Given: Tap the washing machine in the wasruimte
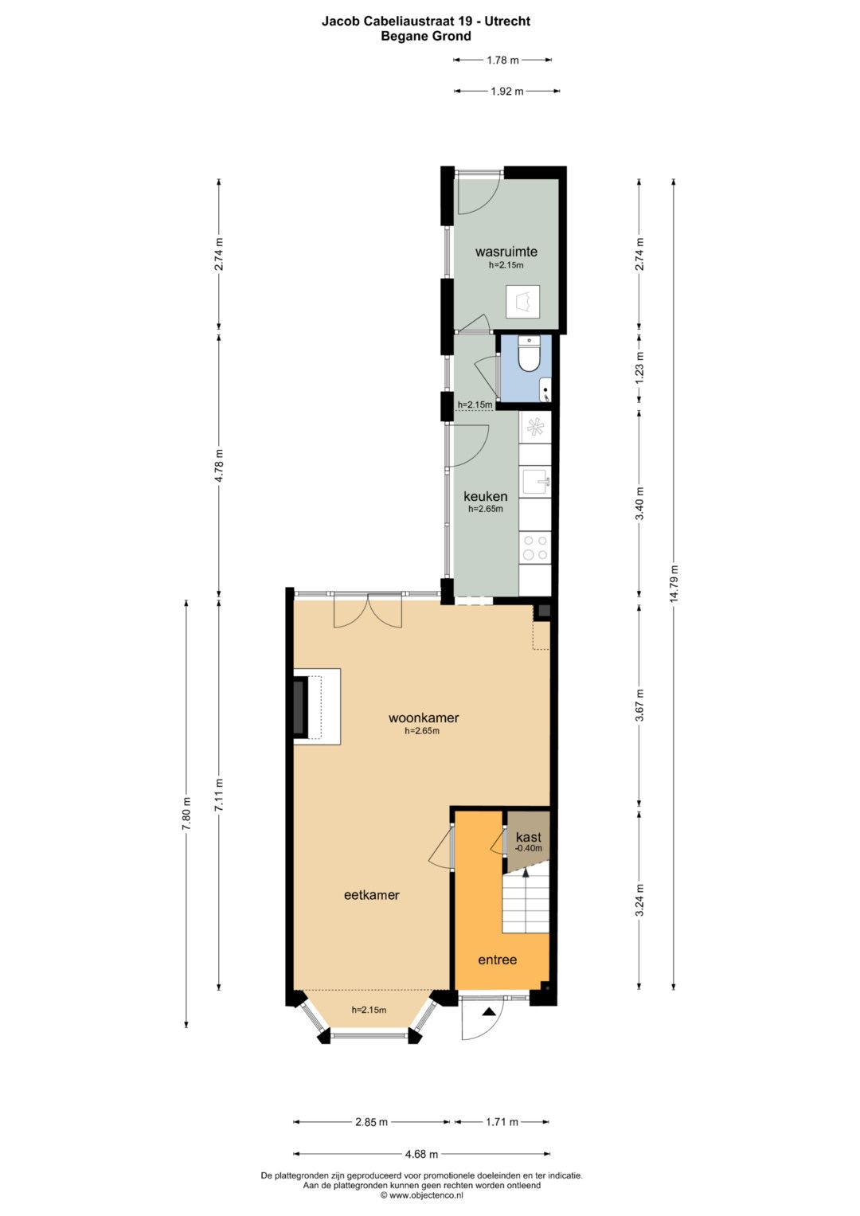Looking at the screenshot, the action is [x=523, y=301].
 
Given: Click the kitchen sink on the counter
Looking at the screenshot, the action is [x=537, y=481].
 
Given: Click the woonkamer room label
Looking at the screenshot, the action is [x=424, y=717].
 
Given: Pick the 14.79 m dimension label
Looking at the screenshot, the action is [x=674, y=583].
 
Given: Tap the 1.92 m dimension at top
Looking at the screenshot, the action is [x=506, y=92].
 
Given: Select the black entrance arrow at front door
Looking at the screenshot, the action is [x=489, y=1011].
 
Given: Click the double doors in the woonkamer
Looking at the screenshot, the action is [x=368, y=612].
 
